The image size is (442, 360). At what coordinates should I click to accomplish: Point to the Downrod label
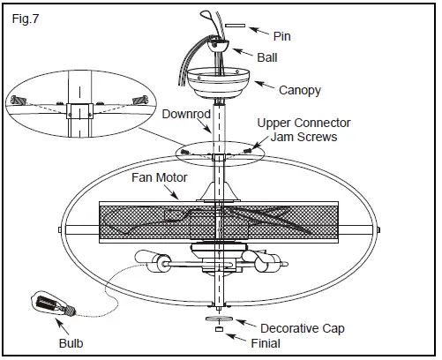point(185,114)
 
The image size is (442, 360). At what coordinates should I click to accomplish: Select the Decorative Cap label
point(296,329)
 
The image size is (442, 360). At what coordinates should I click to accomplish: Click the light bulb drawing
point(51,304)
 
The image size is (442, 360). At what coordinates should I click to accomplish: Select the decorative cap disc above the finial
point(218,316)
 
